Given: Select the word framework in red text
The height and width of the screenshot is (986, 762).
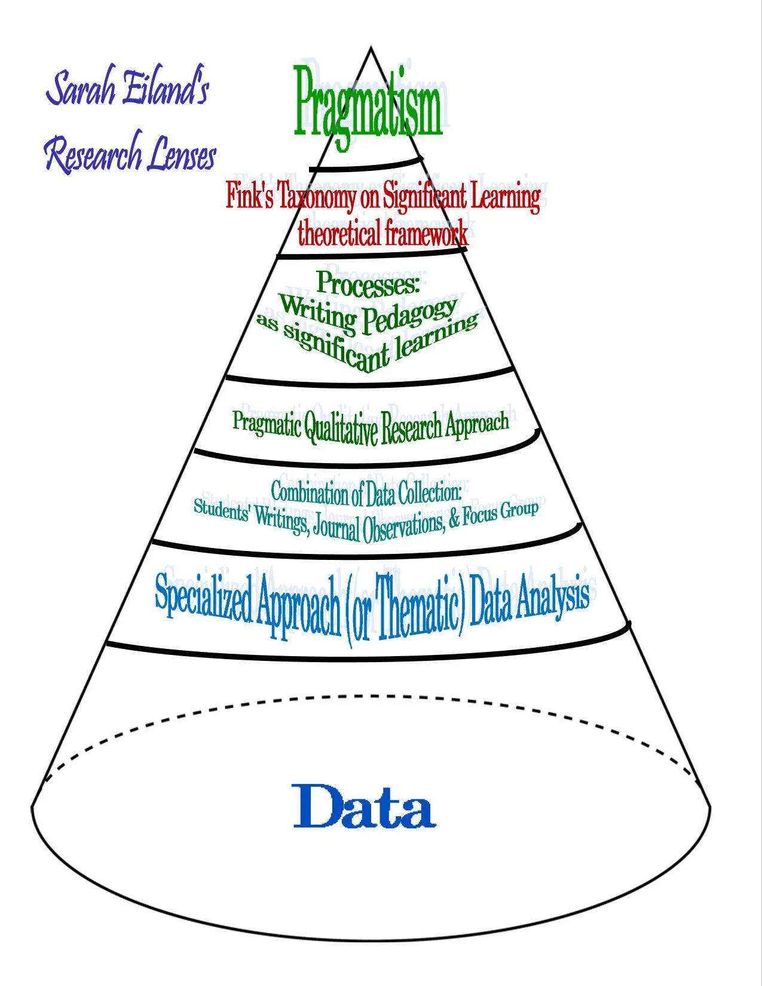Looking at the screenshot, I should [x=426, y=232].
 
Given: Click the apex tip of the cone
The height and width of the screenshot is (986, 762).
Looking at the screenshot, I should [x=371, y=47].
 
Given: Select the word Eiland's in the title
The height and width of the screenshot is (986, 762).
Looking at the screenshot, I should [x=166, y=88].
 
